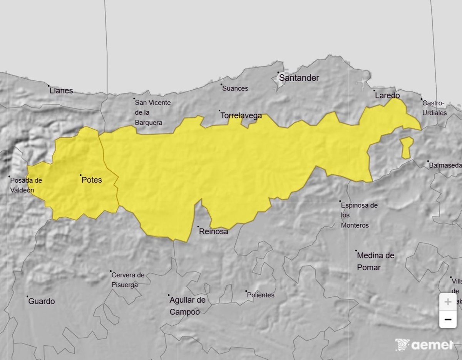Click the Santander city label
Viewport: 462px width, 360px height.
299,78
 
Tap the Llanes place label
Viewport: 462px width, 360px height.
61,91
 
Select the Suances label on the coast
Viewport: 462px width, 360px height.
235,88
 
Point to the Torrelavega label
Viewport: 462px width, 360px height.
241,115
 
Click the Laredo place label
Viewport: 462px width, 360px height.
387,95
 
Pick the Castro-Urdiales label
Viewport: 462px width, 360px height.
434,108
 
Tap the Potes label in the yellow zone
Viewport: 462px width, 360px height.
92,180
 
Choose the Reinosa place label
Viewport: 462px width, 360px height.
213,232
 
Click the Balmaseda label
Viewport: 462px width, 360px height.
445,165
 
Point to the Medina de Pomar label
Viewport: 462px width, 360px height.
375,261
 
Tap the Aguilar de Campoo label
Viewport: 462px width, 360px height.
187,306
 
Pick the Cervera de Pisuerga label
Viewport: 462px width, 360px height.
127,280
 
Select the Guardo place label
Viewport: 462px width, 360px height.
41,301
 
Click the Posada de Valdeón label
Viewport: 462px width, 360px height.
25,185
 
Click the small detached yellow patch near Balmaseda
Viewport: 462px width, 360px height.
406,148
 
